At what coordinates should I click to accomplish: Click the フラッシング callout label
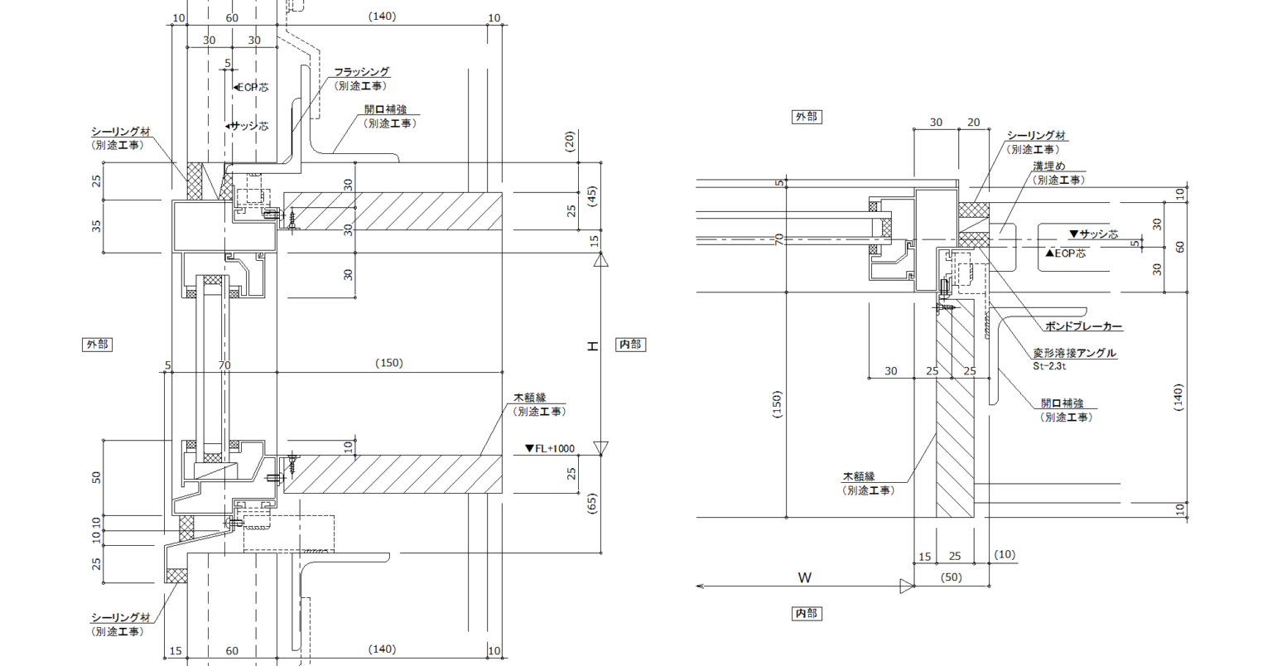pyautogui.click(x=362, y=71)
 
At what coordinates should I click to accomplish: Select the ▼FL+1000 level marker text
pyautogui.click(x=550, y=448)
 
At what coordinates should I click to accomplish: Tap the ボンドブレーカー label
pyautogui.click(x=1083, y=326)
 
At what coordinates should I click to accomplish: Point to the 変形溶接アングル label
pyautogui.click(x=1074, y=353)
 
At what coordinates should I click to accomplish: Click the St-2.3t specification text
pyautogui.click(x=1049, y=366)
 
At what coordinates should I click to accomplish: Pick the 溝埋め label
pyautogui.click(x=1049, y=166)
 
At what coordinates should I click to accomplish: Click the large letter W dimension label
pyautogui.click(x=805, y=578)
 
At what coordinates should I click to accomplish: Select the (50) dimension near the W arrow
pyautogui.click(x=952, y=577)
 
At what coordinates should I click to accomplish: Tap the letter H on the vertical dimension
pyautogui.click(x=592, y=346)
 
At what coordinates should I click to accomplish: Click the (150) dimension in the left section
pyautogui.click(x=389, y=363)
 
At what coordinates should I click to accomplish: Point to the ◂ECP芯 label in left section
pyautogui.click(x=250, y=87)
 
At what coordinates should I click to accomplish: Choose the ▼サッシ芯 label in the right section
pyautogui.click(x=1093, y=234)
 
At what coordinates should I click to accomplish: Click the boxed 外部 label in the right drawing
pyautogui.click(x=807, y=117)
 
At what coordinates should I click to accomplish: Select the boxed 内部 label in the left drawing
pyautogui.click(x=630, y=345)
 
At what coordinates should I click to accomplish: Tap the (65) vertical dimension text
pyautogui.click(x=592, y=504)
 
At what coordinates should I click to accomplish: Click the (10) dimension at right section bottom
pyautogui.click(x=1005, y=554)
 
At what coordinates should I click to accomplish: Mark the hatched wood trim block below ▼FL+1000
pyautogui.click(x=393, y=474)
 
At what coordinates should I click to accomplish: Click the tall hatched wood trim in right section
pyautogui.click(x=955, y=408)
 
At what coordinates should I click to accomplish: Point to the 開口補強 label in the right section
pyautogui.click(x=1062, y=403)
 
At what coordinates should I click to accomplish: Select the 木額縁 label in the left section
pyautogui.click(x=530, y=398)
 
